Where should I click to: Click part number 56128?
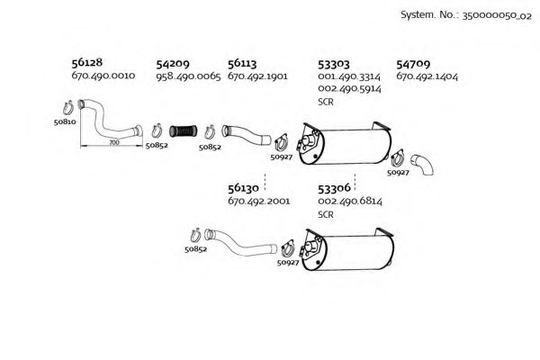click(x=85, y=64)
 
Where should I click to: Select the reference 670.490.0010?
click(x=103, y=76)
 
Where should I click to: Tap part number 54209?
click(x=172, y=64)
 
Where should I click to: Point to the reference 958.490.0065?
click(x=188, y=76)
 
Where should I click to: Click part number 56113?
click(x=242, y=64)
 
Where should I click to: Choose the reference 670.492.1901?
click(x=257, y=76)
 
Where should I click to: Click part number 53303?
click(x=334, y=64)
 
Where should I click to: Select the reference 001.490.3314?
click(x=349, y=77)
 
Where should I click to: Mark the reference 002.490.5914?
click(x=349, y=89)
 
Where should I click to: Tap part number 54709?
click(x=412, y=64)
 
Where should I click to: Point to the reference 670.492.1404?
click(x=427, y=76)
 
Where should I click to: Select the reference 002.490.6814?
click(x=349, y=202)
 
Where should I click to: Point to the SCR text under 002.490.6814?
click(x=326, y=214)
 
